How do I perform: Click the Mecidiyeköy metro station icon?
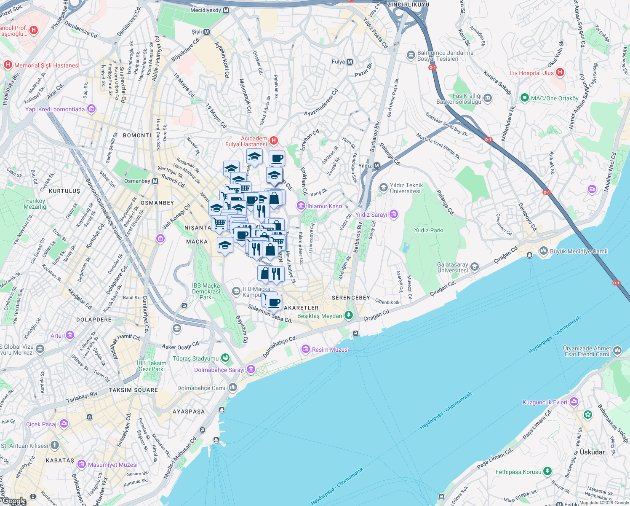pos(226,11)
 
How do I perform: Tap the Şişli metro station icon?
pos(207,32)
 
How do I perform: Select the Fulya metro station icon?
pos(350,62)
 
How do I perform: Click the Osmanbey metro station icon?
pos(155,181)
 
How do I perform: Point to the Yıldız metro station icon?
pos(377,166)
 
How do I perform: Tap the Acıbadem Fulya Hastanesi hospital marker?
pos(274,140)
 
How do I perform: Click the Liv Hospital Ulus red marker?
pos(560,73)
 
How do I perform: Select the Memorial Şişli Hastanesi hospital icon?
pos(8,65)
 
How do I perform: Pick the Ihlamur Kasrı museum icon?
pos(301,206)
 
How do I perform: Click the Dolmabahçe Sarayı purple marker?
pos(251,370)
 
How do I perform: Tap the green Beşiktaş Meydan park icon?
pos(348,315)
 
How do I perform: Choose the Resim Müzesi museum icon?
pos(306,349)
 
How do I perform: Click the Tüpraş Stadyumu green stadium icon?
pos(225,358)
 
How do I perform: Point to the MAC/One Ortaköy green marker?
pos(524,98)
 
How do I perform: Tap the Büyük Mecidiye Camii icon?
pos(543,251)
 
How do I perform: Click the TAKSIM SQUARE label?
pos(133,390)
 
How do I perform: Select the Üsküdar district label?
pos(592,452)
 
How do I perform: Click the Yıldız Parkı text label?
pos(429,230)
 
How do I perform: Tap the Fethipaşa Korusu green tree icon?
pos(547,471)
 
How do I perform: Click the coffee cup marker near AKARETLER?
pos(274,302)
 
